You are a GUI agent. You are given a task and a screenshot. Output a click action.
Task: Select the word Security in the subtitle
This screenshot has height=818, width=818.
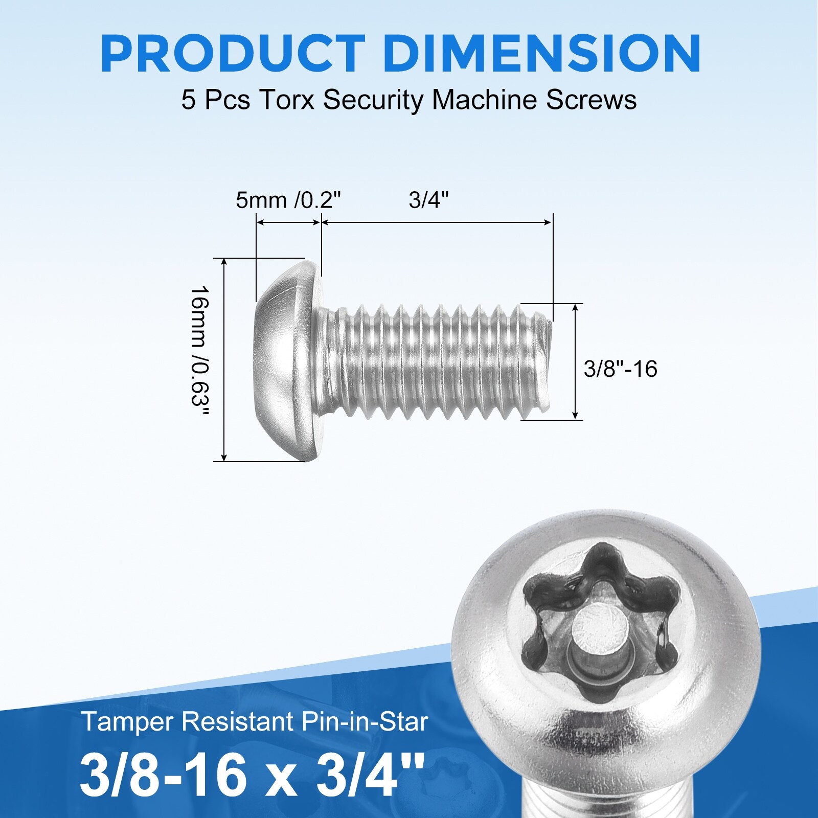point(373,101)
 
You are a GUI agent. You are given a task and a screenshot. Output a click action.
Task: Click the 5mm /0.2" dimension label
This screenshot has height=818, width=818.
point(288,200)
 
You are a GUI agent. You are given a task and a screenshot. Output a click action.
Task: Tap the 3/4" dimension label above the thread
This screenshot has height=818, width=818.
point(428,200)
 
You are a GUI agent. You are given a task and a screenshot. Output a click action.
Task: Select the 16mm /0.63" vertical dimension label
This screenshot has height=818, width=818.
point(200,353)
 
